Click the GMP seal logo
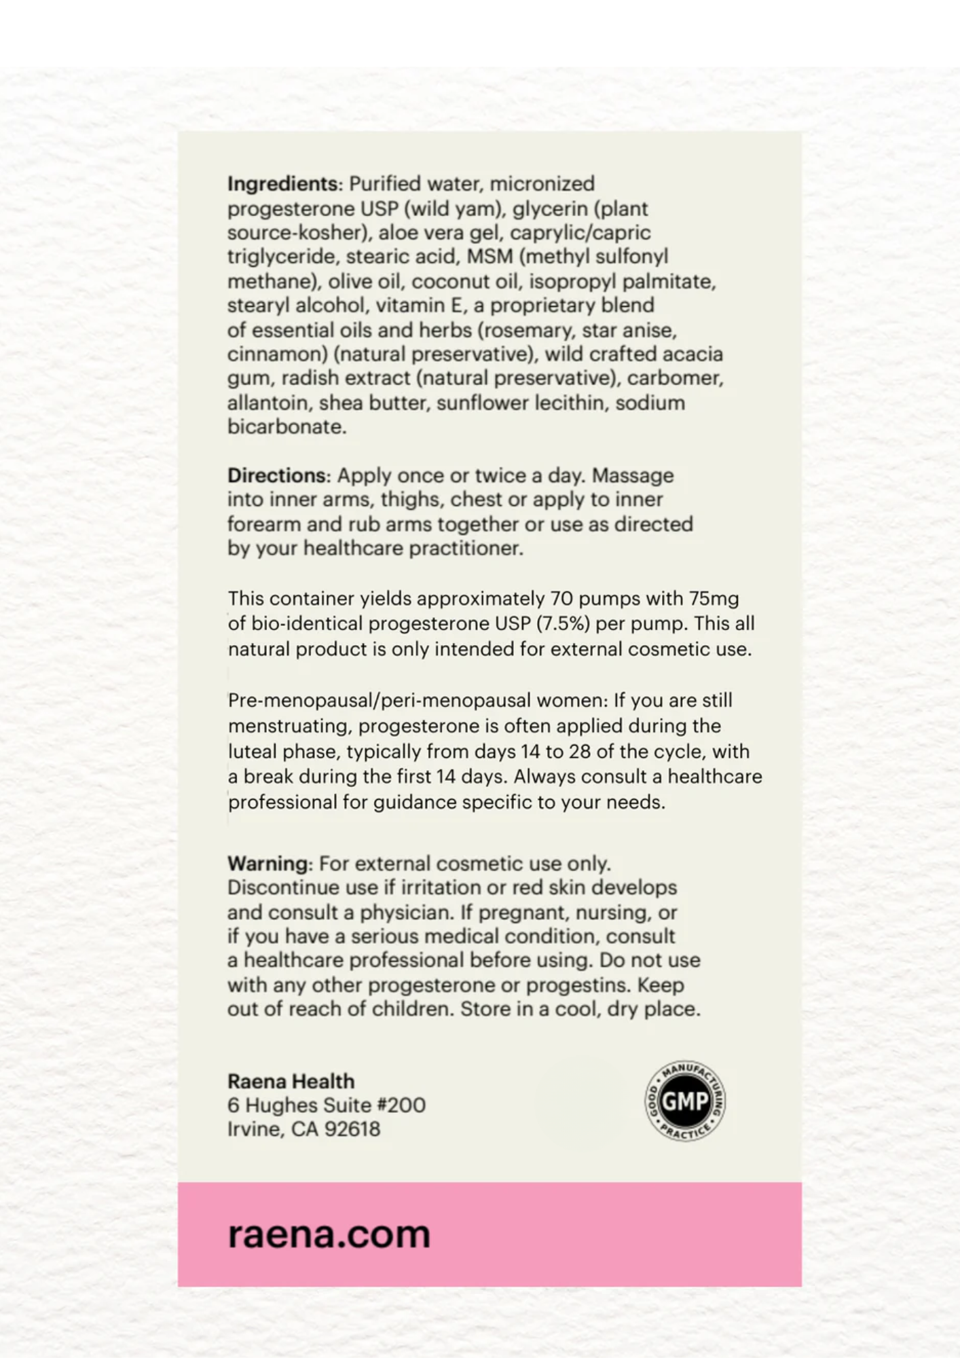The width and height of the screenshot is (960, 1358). (x=684, y=1101)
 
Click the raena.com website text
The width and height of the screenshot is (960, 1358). (x=329, y=1234)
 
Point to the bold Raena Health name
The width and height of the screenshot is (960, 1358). (x=291, y=1081)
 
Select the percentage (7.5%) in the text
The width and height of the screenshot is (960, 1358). (x=562, y=623)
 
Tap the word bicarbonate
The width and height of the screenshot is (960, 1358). (x=287, y=427)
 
